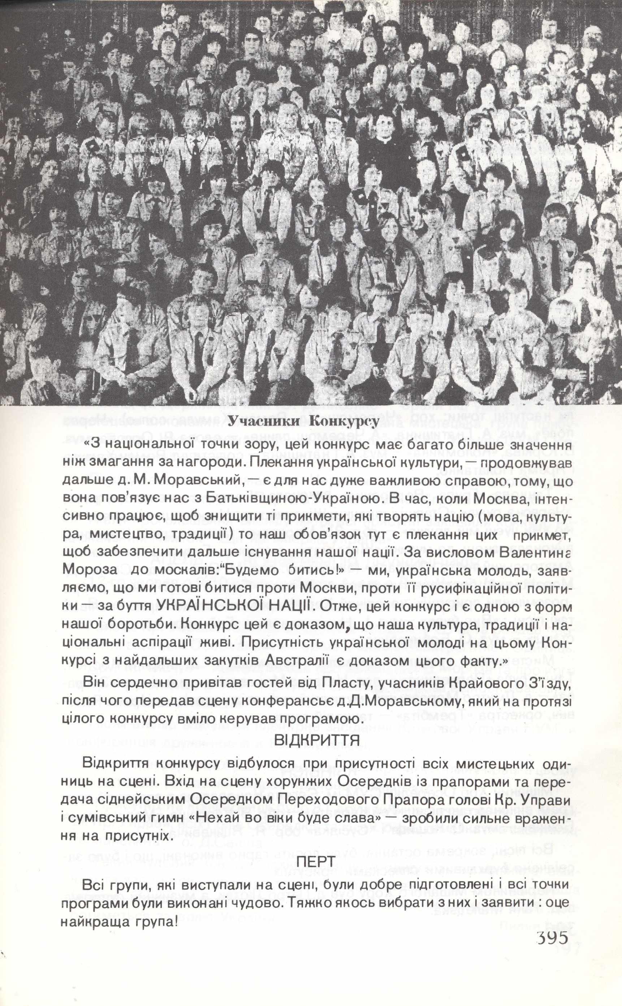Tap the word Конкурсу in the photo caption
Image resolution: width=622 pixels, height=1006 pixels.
(344, 422)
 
